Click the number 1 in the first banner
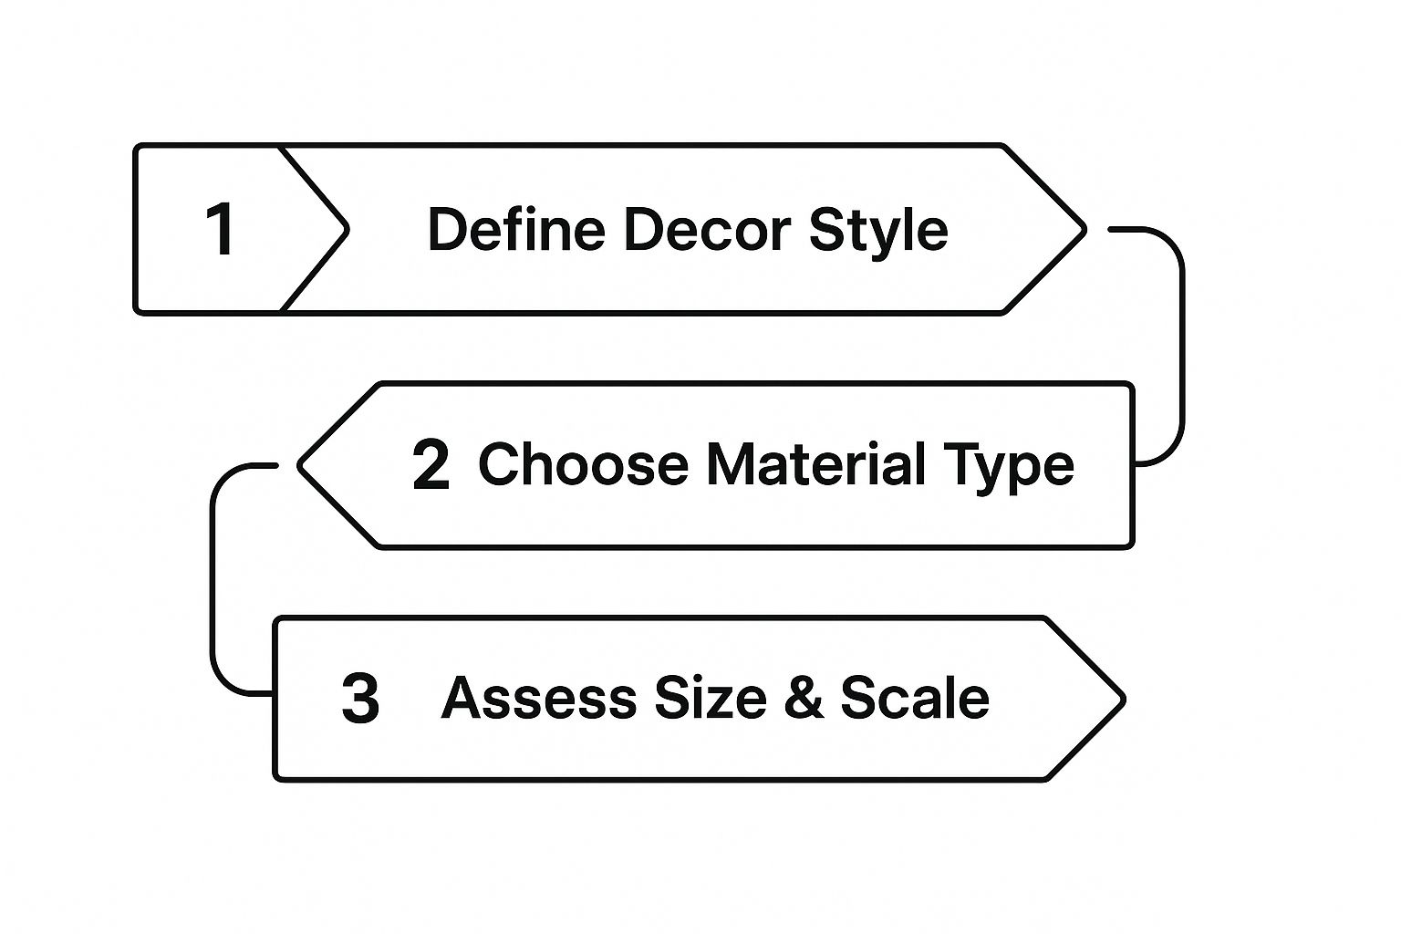(221, 229)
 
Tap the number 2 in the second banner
(431, 464)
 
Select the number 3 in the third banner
(360, 700)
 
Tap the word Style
(878, 229)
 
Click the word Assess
(538, 698)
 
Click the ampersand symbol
(804, 698)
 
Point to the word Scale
(915, 698)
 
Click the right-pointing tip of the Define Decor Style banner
(1082, 229)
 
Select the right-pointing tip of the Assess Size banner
(1120, 700)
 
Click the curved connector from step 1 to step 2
(1181, 347)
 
